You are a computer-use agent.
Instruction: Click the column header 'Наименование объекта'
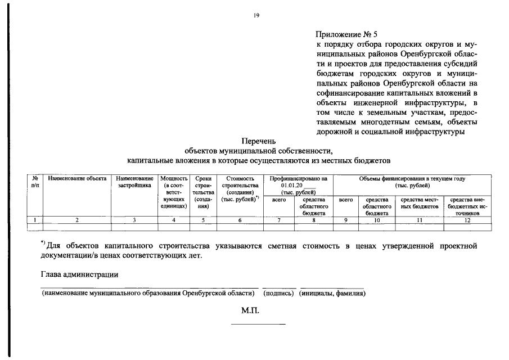tap(77, 178)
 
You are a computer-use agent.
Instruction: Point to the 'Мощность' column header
tap(174, 192)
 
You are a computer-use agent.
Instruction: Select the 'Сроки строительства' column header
tap(203, 192)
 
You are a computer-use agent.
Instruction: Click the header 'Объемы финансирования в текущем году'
tap(412, 181)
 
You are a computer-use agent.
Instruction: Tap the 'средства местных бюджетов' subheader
tap(419, 203)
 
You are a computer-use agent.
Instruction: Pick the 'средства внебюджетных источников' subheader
tap(467, 206)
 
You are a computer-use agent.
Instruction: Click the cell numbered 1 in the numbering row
tap(35, 220)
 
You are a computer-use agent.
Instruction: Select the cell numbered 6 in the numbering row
tap(240, 220)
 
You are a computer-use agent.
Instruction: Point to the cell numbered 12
tap(467, 220)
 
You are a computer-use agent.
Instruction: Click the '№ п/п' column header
tap(35, 181)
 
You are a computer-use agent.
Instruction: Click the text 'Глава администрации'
tap(79, 274)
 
